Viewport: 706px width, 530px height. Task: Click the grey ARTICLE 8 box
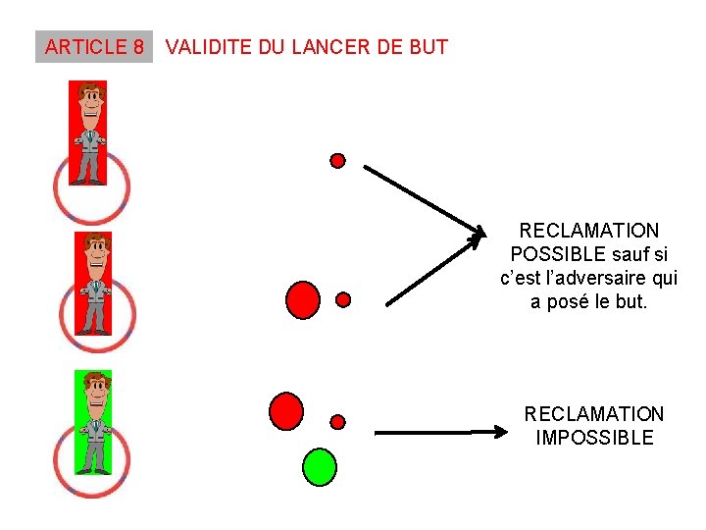[x=94, y=46]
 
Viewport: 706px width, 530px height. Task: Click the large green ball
[x=319, y=467]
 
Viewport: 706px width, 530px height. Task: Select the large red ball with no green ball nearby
[x=303, y=299]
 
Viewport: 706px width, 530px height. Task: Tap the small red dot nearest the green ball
[x=338, y=422]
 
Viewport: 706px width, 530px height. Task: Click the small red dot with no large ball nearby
[x=337, y=160]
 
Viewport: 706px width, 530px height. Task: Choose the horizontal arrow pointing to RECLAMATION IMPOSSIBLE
[x=435, y=432]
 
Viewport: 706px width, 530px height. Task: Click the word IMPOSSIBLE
[x=594, y=438]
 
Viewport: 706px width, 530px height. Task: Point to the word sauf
[x=624, y=254]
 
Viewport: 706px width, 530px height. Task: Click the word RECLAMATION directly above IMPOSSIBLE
[x=594, y=414]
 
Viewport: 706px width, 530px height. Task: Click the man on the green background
[x=94, y=422]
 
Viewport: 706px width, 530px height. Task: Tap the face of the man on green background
[x=95, y=392]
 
